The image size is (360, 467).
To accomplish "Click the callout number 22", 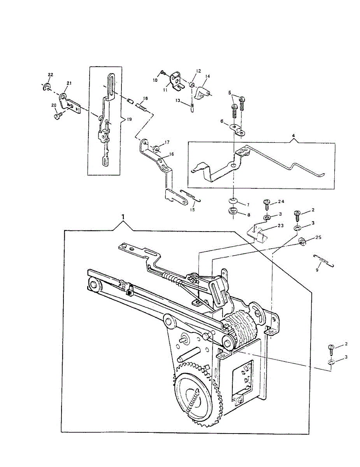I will pos(51,74).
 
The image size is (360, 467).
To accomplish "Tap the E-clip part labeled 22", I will pos(46,87).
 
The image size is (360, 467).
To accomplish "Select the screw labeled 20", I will pos(58,116).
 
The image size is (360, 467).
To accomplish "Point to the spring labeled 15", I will pos(190,196).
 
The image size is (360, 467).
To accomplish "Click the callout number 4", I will pos(293,136).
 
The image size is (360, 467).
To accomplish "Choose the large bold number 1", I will pos(123,216).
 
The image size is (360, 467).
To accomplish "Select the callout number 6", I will pos(221,121).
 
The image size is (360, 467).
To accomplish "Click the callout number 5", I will pos(230,92).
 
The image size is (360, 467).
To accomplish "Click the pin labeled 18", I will pos(142,105).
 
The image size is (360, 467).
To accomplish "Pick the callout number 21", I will pos(69,83).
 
